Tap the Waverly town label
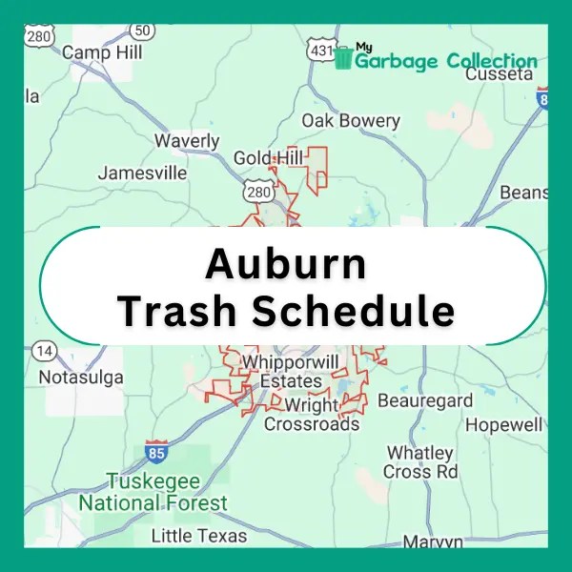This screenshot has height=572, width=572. tap(187, 141)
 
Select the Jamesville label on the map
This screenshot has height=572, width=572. tap(143, 174)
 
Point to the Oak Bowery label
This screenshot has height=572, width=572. tap(351, 121)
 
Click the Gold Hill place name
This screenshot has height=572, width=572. tap(268, 157)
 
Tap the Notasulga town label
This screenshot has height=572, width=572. tap(81, 378)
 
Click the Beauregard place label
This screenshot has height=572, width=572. tap(425, 400)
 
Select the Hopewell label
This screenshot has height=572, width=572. tap(504, 424)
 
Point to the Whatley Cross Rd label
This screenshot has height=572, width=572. tap(420, 462)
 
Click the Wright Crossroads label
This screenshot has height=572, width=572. tap(312, 414)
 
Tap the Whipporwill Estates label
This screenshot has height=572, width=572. tap(290, 372)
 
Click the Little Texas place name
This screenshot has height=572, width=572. tap(199, 535)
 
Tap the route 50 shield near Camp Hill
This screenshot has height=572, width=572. tap(144, 32)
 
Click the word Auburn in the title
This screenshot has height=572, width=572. tap(286, 264)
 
